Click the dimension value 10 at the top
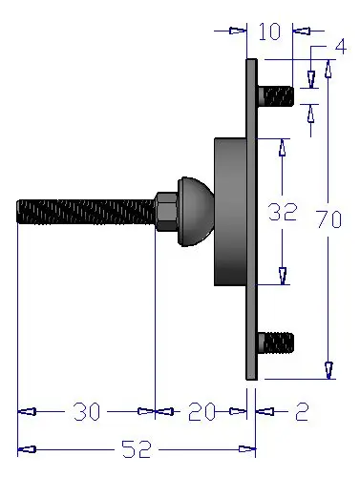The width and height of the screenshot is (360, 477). point(269,31)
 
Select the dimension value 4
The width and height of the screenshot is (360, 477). point(340,47)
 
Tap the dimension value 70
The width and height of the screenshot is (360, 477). point(329,219)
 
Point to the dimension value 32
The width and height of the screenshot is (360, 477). point(283,212)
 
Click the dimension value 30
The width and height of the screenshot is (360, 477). point(87,411)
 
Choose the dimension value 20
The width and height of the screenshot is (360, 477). point(201,411)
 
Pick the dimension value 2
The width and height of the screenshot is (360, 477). point(302,412)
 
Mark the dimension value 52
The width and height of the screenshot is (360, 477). point(137,449)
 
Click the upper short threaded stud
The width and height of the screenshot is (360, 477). point(276,96)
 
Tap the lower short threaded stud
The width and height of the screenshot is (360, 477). point(276,342)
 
